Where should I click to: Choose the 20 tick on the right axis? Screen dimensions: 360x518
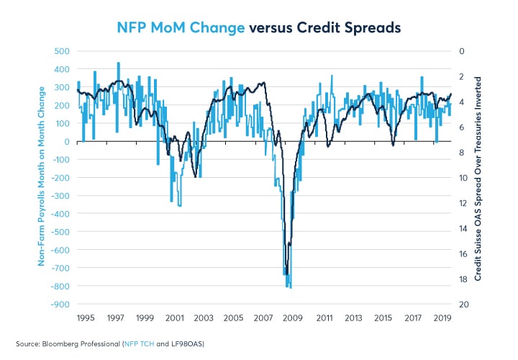click(462, 305)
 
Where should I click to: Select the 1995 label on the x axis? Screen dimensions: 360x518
click(86, 318)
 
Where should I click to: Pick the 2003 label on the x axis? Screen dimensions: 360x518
click(204, 318)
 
